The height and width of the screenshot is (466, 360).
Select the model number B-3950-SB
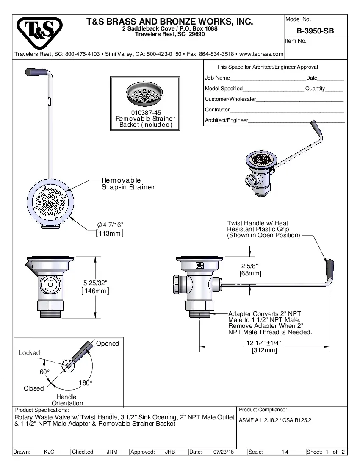click(x=315, y=31)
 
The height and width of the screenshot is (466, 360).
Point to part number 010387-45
click(x=146, y=113)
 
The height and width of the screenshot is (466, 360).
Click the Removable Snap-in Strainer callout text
click(x=128, y=183)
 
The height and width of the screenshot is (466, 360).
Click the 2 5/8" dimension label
click(x=250, y=266)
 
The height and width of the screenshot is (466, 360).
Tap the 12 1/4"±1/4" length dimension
click(x=264, y=343)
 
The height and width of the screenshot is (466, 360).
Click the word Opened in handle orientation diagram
click(x=108, y=344)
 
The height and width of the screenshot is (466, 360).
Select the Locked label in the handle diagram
click(x=30, y=353)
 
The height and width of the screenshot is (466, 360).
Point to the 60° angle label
click(x=44, y=372)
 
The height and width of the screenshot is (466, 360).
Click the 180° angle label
click(x=86, y=383)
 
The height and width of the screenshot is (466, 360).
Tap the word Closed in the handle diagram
click(x=33, y=388)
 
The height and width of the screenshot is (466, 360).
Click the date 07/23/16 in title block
click(x=224, y=452)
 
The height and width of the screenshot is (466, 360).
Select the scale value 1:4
click(x=285, y=452)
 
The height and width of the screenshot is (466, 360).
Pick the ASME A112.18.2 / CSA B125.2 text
click(x=275, y=421)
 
